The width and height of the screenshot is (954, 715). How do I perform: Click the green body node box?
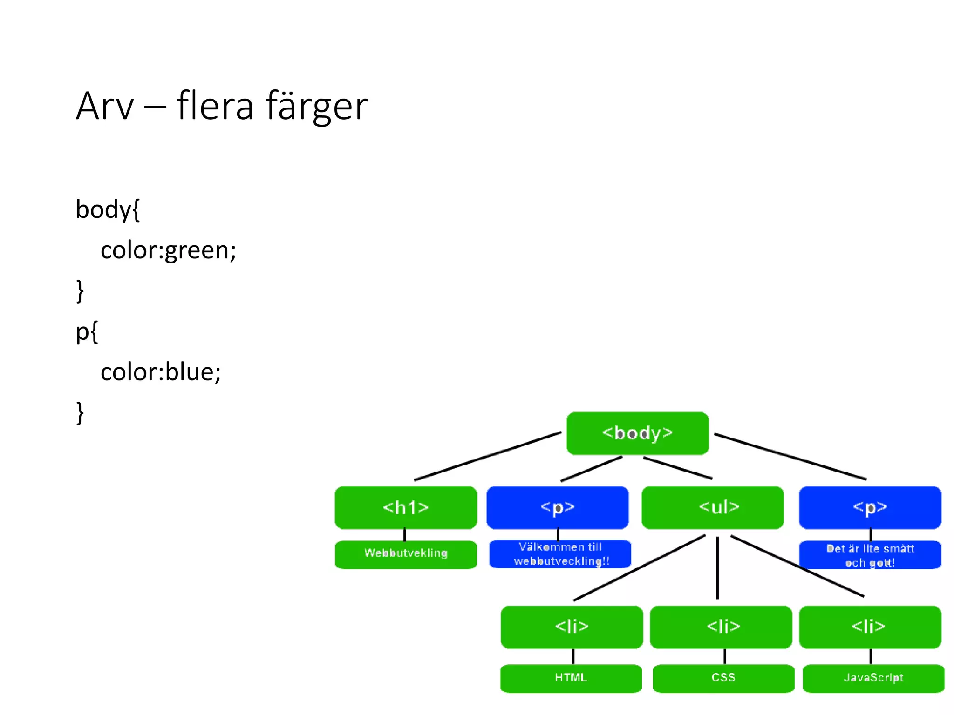click(637, 433)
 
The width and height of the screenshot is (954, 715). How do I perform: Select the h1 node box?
click(406, 507)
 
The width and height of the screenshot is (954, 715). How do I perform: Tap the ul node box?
click(712, 507)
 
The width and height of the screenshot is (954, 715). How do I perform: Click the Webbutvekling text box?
click(406, 554)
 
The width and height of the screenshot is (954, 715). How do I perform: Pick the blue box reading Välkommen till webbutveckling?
click(560, 554)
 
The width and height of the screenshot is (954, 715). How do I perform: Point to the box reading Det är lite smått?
click(870, 555)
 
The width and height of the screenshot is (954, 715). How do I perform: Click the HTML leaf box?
click(571, 678)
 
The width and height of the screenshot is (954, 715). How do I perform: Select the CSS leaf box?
click(723, 678)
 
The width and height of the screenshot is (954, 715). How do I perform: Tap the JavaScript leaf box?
click(873, 678)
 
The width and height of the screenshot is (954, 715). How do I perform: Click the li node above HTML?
click(572, 627)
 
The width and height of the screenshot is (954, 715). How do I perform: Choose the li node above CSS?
click(721, 627)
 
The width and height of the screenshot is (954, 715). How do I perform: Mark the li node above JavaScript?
click(870, 627)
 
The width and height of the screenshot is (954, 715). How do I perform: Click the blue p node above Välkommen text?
click(558, 507)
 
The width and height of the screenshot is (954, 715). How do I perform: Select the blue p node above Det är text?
click(870, 507)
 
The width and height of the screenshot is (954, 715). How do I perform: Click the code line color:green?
click(168, 250)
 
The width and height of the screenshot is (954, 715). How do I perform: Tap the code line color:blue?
click(161, 372)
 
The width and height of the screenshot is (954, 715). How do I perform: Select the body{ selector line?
click(108, 209)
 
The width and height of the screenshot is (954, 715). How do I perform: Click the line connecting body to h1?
click(487, 456)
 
